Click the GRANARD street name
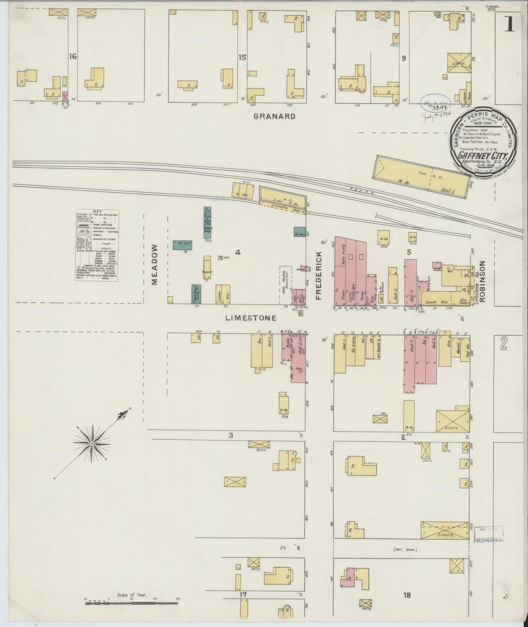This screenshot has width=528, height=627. pyautogui.click(x=274, y=116)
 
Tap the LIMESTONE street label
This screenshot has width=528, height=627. pyautogui.click(x=250, y=318)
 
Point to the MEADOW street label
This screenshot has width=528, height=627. pyautogui.click(x=154, y=265)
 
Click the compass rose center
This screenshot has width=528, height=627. pyautogui.click(x=92, y=443)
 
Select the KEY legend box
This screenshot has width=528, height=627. pyautogui.click(x=97, y=245)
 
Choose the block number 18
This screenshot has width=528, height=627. pyautogui.click(x=407, y=595)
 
